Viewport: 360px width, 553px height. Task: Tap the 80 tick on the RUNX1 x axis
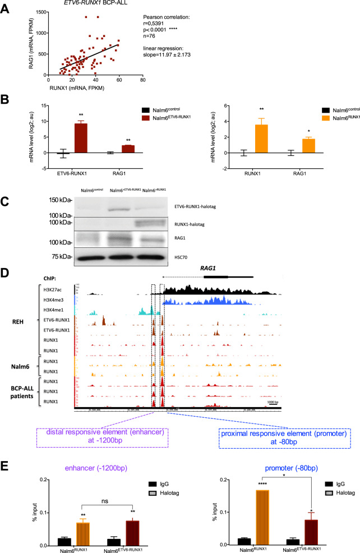click(x=143, y=80)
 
